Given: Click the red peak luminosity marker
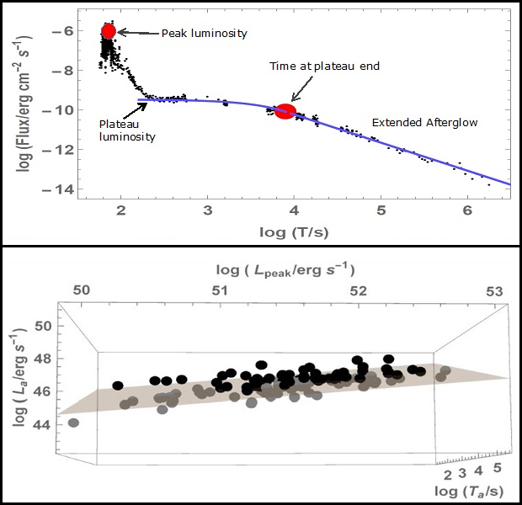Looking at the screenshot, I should [x=108, y=31].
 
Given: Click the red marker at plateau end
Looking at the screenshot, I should [x=285, y=111].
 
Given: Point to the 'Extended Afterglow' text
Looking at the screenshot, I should [x=424, y=123].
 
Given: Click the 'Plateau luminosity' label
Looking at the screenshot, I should [x=128, y=130].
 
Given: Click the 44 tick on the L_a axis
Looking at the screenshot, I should [x=43, y=423].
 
